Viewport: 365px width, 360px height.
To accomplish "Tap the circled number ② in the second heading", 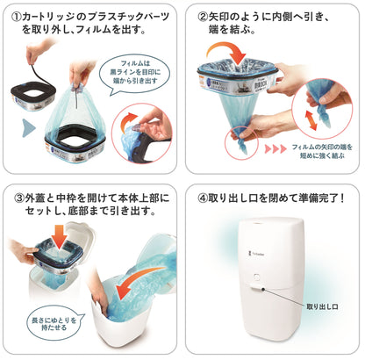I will [204, 16].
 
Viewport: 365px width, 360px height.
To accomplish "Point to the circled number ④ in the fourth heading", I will [203, 197].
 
